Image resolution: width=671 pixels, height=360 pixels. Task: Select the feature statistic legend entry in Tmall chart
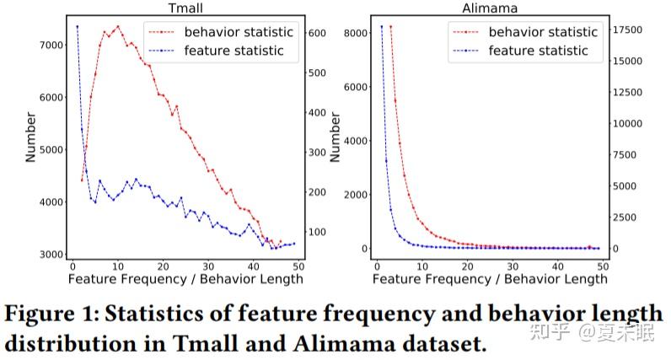(232, 51)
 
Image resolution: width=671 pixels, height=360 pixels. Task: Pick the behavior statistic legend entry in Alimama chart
(543, 32)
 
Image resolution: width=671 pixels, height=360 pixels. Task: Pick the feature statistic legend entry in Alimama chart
(537, 51)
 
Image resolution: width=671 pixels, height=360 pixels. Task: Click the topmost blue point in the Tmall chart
(77, 26)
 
